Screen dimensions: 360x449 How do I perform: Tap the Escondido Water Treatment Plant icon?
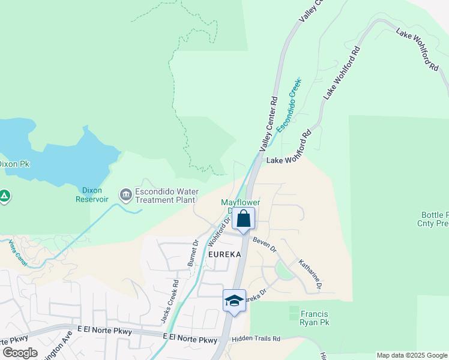pyautogui.click(x=125, y=194)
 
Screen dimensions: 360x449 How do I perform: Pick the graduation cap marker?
pyautogui.click(x=234, y=300)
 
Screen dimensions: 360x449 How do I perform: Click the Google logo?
pyautogui.click(x=19, y=353)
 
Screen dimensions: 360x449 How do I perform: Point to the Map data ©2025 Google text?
pyautogui.click(x=412, y=355)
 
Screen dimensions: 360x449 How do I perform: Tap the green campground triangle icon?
pyautogui.click(x=4, y=196)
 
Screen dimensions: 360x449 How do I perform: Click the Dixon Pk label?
pyautogui.click(x=13, y=164)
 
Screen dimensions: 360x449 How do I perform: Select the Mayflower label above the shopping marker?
pyautogui.click(x=239, y=203)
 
